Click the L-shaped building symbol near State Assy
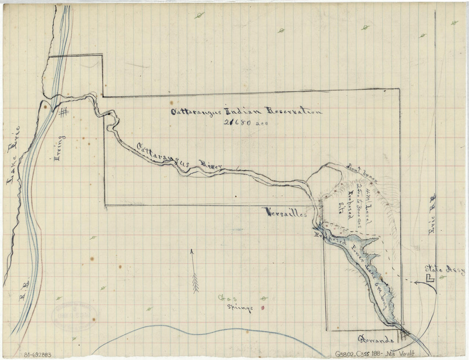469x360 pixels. (430, 279)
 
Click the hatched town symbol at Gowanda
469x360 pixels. (403, 332)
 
